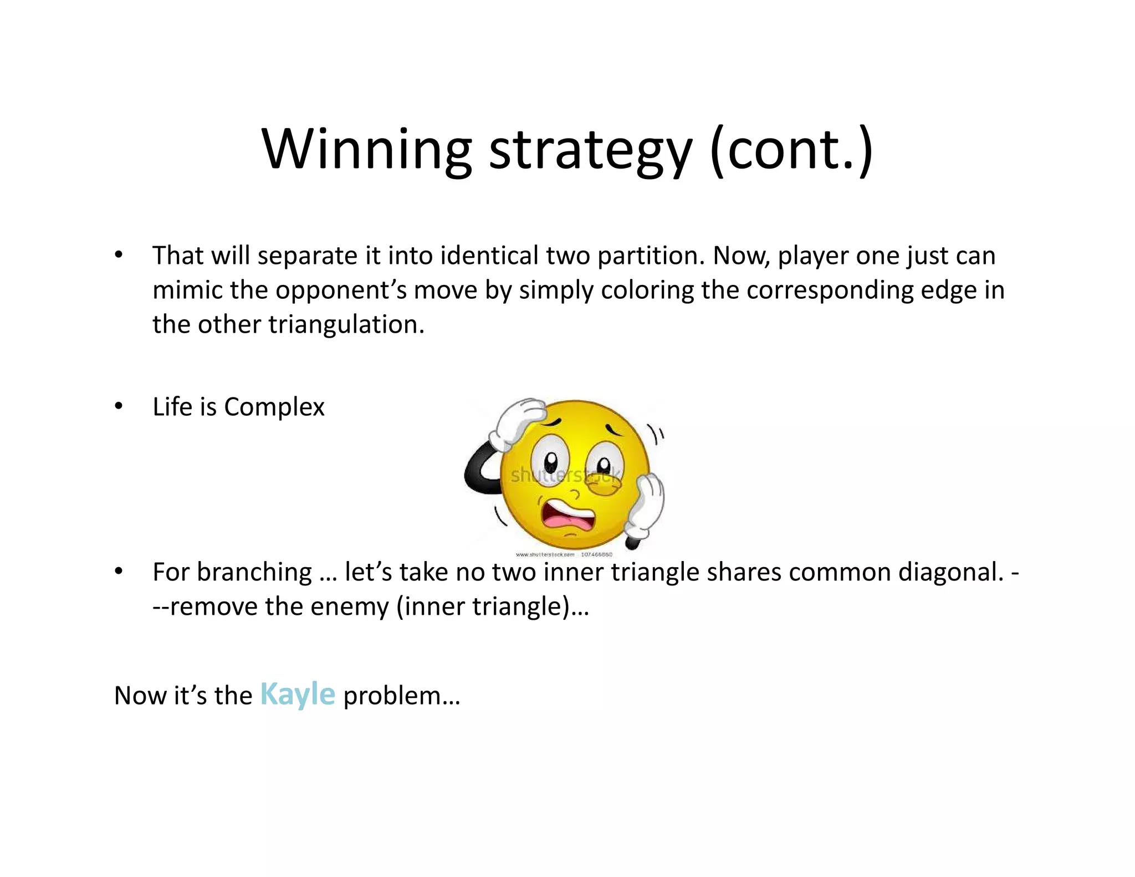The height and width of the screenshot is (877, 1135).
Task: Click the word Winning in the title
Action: click(366, 150)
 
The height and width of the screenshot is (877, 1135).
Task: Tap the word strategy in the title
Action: click(590, 151)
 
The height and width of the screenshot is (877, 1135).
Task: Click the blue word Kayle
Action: click(298, 694)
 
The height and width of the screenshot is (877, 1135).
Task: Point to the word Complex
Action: click(274, 407)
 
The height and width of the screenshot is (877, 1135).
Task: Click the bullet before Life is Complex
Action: click(119, 406)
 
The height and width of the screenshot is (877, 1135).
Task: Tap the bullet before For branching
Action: click(119, 572)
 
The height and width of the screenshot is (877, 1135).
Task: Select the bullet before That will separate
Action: click(119, 256)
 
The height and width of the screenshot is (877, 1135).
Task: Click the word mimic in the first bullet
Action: click(187, 290)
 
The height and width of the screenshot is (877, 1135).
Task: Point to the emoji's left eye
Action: click(550, 461)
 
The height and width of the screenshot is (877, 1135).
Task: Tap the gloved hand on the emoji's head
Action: click(520, 422)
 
